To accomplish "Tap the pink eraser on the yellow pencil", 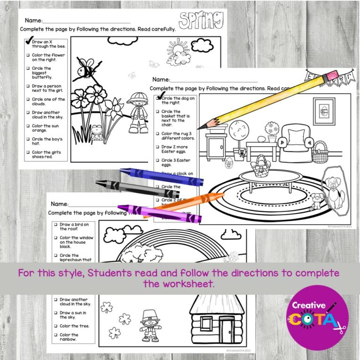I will pyautogui.click(x=330, y=75).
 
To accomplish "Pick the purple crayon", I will pyautogui.click(x=159, y=214).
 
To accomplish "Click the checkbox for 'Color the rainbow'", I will pyautogui.click(x=55, y=335).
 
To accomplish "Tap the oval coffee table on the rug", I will pyautogui.click(x=270, y=178).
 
